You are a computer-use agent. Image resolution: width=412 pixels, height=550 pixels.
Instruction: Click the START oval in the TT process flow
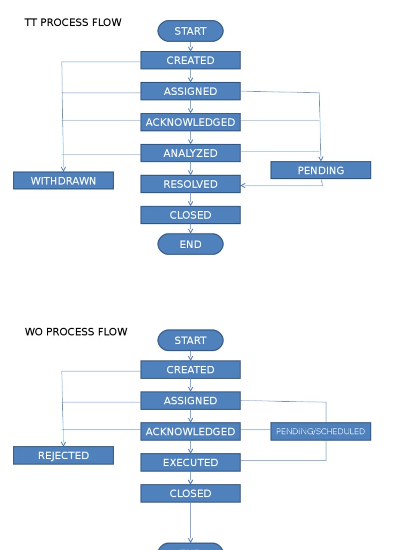190,31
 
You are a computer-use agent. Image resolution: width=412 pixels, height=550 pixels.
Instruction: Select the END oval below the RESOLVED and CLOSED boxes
190,244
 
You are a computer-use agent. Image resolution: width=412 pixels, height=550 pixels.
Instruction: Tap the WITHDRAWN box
63,181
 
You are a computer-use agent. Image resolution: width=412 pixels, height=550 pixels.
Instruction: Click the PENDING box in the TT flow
321,170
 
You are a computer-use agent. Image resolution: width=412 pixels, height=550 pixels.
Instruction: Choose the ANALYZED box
190,153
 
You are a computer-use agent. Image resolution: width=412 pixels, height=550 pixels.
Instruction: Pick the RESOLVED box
190,184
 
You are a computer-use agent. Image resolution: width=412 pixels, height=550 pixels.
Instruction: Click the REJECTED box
63,455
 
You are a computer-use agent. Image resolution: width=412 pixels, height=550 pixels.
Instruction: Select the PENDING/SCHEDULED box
321,431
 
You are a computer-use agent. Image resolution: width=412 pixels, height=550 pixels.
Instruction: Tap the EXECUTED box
190,462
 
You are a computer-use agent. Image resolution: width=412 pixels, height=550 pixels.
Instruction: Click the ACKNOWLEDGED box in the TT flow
190,122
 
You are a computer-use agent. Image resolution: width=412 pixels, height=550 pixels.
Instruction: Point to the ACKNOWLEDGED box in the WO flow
190,432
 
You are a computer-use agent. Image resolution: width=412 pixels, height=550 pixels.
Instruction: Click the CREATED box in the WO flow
190,370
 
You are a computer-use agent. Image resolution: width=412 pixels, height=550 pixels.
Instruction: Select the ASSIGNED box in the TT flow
190,91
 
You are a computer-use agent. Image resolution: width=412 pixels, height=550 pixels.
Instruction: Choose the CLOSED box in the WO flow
190,494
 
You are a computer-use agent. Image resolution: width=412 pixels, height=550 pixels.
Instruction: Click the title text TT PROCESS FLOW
73,23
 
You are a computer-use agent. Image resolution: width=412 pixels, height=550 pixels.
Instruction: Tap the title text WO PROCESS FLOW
76,332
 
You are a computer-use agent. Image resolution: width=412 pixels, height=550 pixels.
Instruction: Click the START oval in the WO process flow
190,341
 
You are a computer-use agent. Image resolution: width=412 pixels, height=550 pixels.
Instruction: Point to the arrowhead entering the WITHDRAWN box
63,169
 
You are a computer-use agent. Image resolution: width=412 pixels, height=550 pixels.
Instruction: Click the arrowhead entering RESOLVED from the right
244,186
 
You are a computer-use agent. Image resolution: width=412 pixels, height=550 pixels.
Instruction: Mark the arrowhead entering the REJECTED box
63,444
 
